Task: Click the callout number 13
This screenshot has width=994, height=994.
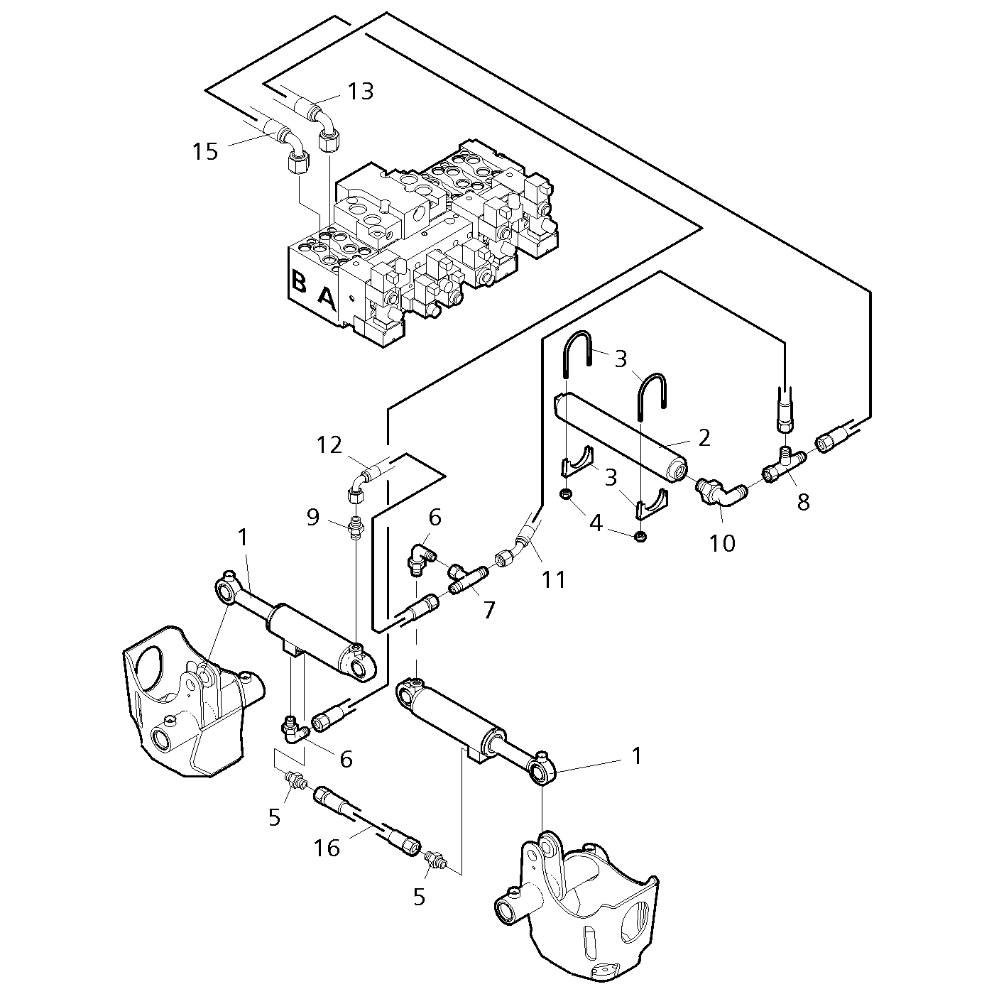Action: [x=360, y=92]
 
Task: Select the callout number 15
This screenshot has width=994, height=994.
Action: [x=205, y=152]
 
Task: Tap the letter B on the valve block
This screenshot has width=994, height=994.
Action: [x=299, y=280]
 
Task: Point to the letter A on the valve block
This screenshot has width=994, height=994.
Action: [x=327, y=300]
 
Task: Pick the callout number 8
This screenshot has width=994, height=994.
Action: [x=804, y=501]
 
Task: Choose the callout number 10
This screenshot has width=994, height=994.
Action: [x=722, y=542]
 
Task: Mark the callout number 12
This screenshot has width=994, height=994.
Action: [x=329, y=445]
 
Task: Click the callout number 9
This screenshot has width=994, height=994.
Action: [x=313, y=517]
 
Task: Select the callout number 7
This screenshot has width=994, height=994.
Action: [x=488, y=610]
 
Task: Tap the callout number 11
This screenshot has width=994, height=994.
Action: [x=553, y=580]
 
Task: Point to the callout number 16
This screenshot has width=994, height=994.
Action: [x=327, y=848]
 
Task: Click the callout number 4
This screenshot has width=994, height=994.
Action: [x=596, y=523]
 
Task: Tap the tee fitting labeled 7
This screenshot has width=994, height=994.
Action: [x=467, y=578]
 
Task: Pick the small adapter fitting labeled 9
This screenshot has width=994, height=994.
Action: [x=356, y=527]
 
